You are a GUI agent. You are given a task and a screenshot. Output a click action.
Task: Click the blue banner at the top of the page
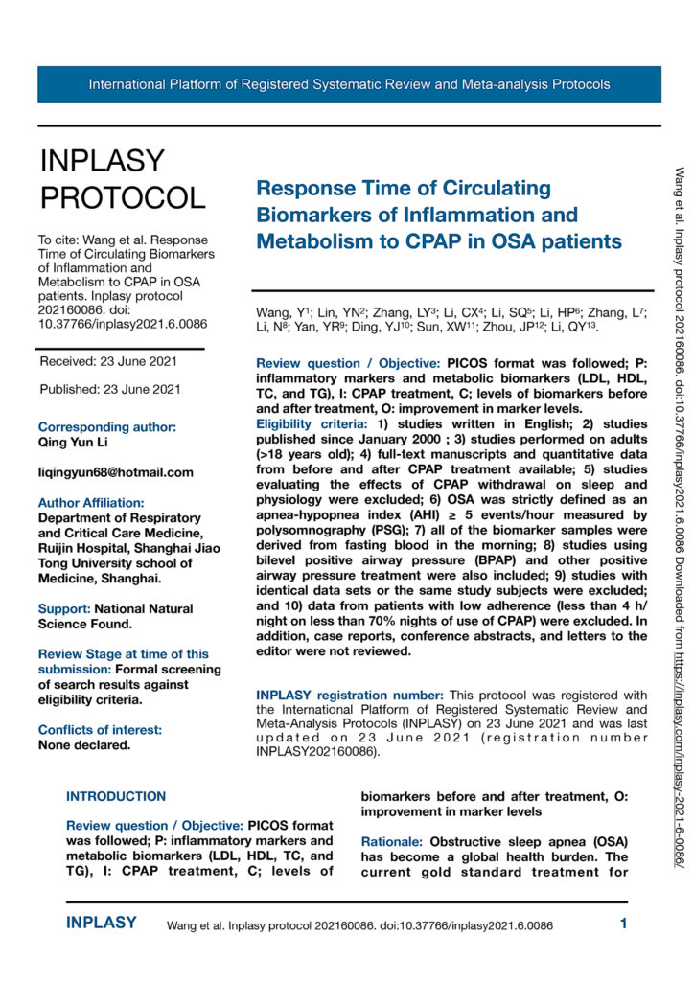tap(349, 84)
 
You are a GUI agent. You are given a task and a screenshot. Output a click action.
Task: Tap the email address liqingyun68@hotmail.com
tap(115, 472)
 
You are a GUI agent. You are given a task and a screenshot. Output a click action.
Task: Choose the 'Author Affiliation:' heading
tap(92, 502)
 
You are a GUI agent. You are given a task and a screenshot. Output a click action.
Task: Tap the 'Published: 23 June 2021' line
tap(110, 389)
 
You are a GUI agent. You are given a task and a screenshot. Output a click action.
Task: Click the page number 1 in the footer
tap(623, 924)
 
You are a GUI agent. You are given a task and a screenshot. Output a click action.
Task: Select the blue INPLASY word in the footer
tap(101, 924)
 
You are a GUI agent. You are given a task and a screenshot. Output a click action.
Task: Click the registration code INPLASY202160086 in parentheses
tap(315, 752)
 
